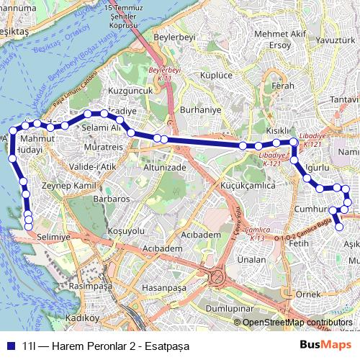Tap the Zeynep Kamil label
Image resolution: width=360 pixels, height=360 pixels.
coord(69,186)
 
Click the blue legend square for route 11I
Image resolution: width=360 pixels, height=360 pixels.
coord(9,345)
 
